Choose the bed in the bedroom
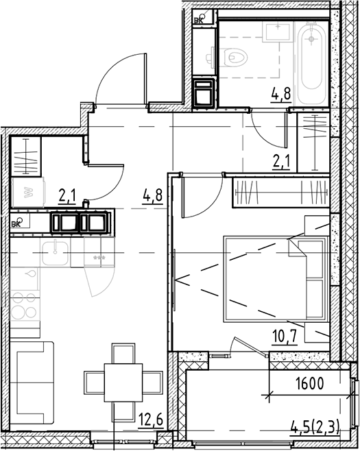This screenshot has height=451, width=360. click(274, 278)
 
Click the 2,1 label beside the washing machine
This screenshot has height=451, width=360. click(67, 197)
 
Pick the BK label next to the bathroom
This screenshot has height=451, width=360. click(200, 21)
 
